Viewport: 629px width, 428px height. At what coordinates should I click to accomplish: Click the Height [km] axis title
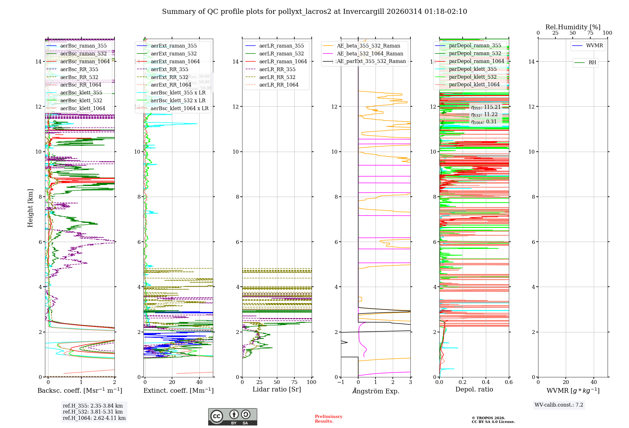tap(30, 208)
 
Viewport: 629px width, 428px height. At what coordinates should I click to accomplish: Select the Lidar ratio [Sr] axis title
tap(277, 389)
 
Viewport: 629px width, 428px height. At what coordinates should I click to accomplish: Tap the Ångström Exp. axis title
tap(376, 391)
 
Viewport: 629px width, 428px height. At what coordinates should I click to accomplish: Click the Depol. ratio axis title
tap(474, 389)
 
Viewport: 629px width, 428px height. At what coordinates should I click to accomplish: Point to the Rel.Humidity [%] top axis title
tap(573, 27)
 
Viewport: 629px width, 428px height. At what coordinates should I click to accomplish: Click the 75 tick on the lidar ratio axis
tap(294, 382)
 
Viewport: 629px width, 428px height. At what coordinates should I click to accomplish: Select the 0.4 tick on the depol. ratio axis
tap(486, 382)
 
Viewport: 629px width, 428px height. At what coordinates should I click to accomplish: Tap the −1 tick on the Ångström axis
tap(341, 382)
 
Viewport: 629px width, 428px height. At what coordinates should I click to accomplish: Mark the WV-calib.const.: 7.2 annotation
tap(559, 405)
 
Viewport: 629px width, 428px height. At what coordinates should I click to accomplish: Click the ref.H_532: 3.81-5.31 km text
tap(93, 412)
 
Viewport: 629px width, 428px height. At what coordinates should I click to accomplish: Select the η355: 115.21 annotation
tap(486, 107)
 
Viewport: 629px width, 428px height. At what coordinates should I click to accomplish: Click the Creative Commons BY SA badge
tap(232, 417)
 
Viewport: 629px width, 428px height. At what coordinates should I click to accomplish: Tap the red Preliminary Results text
tap(328, 419)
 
